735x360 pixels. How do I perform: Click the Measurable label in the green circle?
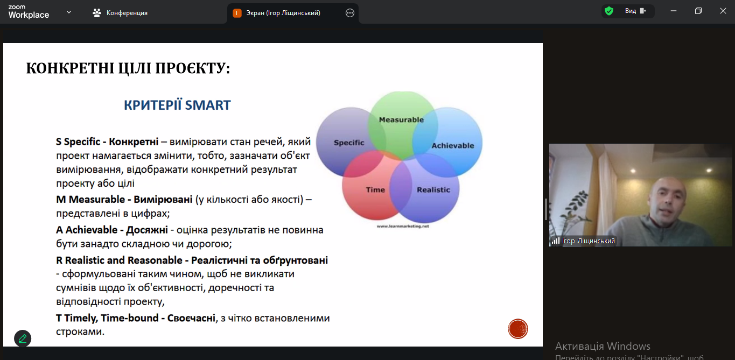point(401,119)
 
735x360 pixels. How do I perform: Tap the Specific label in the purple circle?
point(349,143)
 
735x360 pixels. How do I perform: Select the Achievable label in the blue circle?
point(453,146)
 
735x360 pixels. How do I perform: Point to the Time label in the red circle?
point(375,190)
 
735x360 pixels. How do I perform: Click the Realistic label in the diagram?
point(433,190)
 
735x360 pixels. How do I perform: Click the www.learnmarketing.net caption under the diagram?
point(403,226)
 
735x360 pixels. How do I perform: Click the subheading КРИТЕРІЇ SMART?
point(177,105)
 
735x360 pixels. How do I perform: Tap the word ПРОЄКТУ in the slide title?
point(192,68)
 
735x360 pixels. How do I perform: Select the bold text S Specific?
point(78,142)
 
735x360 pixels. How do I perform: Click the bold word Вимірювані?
point(163,200)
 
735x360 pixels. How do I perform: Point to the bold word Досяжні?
point(146,230)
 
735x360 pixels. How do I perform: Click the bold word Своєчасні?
point(191,318)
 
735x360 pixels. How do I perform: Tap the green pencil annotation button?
point(23,338)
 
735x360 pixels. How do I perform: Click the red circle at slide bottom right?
point(518,329)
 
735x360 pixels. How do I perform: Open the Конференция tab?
point(120,13)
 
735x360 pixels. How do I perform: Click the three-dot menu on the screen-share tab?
point(350,13)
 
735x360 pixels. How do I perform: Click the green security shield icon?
point(609,11)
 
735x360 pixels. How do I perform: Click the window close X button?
point(723,11)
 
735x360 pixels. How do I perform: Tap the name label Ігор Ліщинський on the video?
point(588,241)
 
